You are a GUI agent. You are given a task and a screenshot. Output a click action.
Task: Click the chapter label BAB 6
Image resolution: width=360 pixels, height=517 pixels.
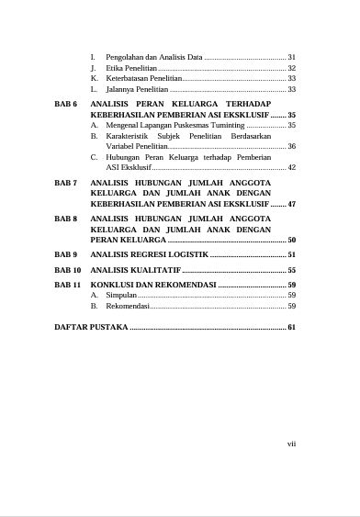click(66, 106)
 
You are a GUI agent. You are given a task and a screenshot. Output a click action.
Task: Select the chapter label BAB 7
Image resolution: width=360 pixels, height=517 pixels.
click(66, 183)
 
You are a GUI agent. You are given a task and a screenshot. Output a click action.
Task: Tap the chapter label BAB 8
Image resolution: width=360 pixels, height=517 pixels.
click(66, 219)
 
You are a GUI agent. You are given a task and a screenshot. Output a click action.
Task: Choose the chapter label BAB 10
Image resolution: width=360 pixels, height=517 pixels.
click(68, 271)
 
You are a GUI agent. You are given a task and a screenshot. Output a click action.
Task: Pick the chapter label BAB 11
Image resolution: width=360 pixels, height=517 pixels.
click(68, 286)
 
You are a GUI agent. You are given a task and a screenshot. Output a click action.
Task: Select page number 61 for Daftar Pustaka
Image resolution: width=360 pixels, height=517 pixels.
click(291, 327)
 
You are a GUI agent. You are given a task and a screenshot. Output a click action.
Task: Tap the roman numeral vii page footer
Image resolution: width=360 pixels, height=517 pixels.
click(291, 444)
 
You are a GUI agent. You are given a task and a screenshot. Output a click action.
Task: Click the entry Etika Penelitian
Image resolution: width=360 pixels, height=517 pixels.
click(130, 68)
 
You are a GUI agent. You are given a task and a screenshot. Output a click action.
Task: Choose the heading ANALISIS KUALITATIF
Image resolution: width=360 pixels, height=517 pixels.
click(136, 271)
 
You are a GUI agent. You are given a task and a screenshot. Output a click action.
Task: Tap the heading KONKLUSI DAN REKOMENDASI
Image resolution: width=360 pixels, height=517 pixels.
click(152, 286)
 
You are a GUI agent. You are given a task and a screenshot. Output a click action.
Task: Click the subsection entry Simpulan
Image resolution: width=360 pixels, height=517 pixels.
click(120, 296)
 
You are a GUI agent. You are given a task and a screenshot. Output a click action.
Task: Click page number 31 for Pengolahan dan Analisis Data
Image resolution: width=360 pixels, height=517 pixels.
click(291, 57)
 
